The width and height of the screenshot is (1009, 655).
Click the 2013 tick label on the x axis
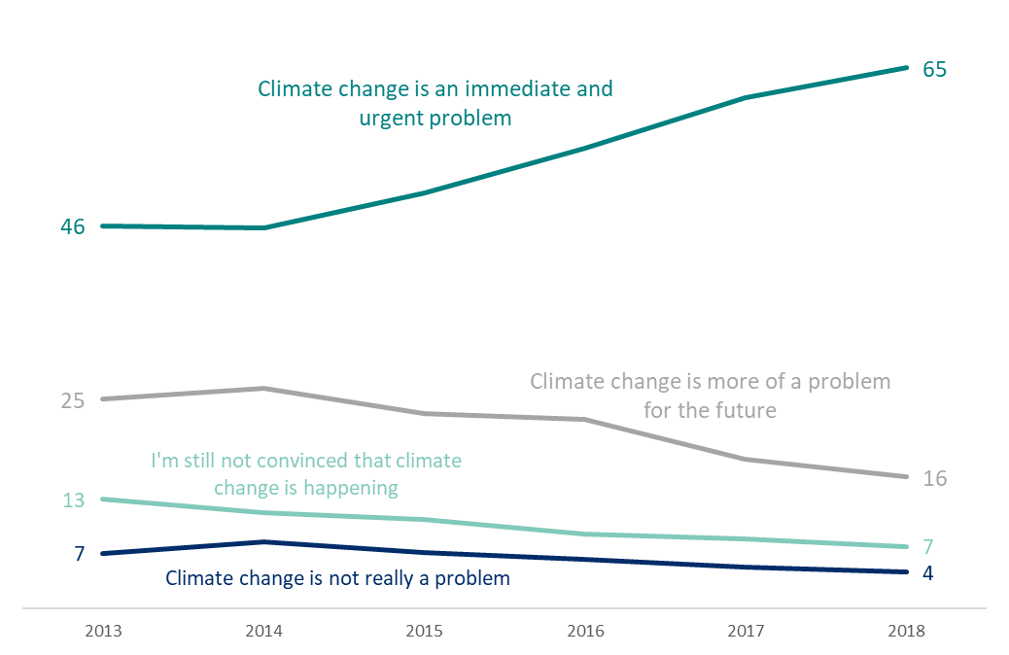[103, 631]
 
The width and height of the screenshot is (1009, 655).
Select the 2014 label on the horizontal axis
[263, 631]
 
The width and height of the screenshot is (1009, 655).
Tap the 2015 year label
[425, 631]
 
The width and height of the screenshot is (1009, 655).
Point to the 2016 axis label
[585, 631]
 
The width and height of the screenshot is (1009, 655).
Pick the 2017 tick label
[747, 631]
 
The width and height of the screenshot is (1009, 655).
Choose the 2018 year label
[907, 631]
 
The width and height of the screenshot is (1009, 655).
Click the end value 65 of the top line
[934, 70]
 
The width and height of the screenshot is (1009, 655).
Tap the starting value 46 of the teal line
[73, 226]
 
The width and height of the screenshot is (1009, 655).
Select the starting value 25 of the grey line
[73, 400]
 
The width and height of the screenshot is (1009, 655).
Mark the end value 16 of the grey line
[934, 478]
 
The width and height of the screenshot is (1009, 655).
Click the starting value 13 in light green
[73, 500]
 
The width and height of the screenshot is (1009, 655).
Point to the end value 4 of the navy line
[928, 573]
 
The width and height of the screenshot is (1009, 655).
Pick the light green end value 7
[928, 546]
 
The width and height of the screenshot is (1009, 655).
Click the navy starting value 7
[79, 554]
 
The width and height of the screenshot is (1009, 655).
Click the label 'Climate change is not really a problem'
[337, 578]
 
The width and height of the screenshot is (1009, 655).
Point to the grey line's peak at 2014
[263, 389]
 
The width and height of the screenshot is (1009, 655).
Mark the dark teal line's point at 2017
[747, 98]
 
